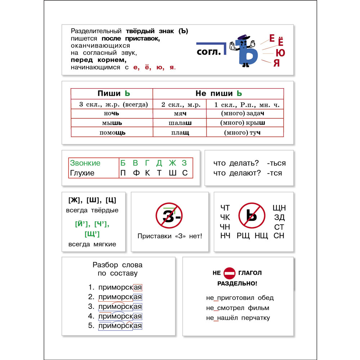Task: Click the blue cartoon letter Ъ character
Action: point(244,51)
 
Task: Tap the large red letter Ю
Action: point(280,53)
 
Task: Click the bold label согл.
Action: point(209,52)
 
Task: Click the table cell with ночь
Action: point(112,113)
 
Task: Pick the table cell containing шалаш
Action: point(180,123)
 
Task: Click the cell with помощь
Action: point(112,132)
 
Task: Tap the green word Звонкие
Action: point(85,163)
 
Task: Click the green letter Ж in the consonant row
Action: point(172,163)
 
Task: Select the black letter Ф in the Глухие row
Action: point(136,173)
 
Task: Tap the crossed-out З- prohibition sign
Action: point(169,216)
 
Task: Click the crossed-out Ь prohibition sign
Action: point(252,216)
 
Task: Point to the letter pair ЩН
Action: point(279,208)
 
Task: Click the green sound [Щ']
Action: point(92,234)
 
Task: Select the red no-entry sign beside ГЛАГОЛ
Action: point(229,273)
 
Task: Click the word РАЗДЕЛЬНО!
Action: point(237,284)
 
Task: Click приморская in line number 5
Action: point(120,326)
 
